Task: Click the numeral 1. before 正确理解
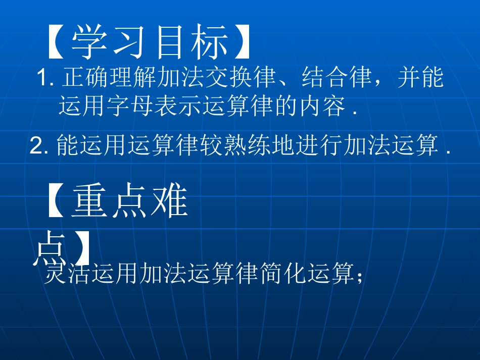point(46,80)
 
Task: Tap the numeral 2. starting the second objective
point(39,146)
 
